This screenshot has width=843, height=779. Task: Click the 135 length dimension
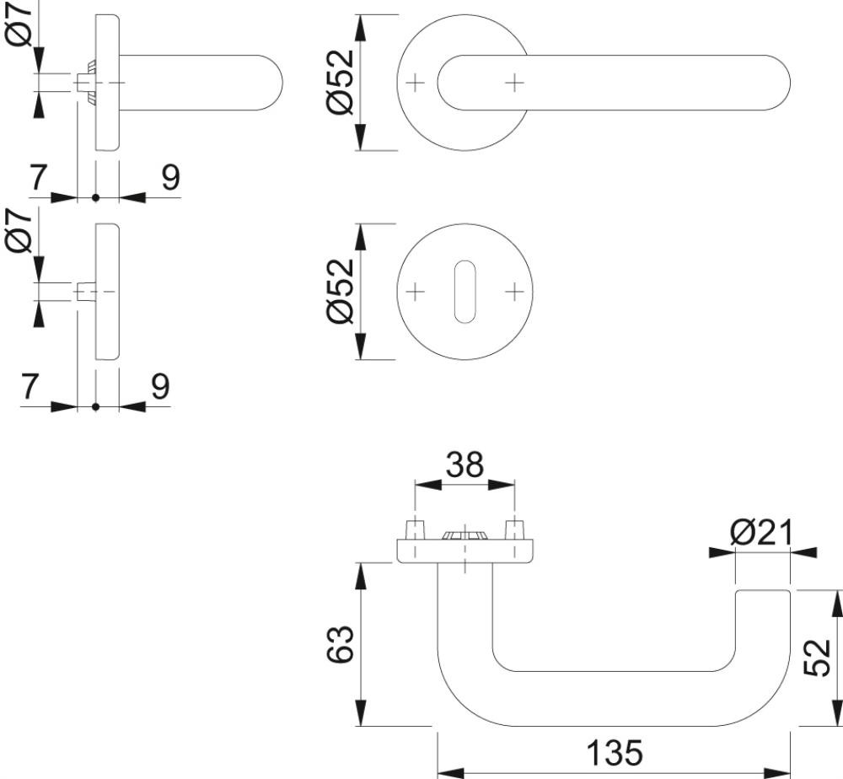(615, 752)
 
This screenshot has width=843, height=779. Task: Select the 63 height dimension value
(341, 643)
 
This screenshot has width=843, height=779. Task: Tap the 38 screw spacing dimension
(464, 465)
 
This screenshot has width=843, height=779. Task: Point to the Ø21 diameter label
(761, 532)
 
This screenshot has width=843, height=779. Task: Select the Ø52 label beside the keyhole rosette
(341, 292)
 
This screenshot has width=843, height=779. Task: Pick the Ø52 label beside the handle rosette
(341, 83)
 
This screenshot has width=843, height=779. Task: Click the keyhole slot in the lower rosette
(464, 292)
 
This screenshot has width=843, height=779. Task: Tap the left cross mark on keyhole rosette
(415, 292)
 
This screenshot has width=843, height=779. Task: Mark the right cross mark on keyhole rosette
(514, 292)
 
